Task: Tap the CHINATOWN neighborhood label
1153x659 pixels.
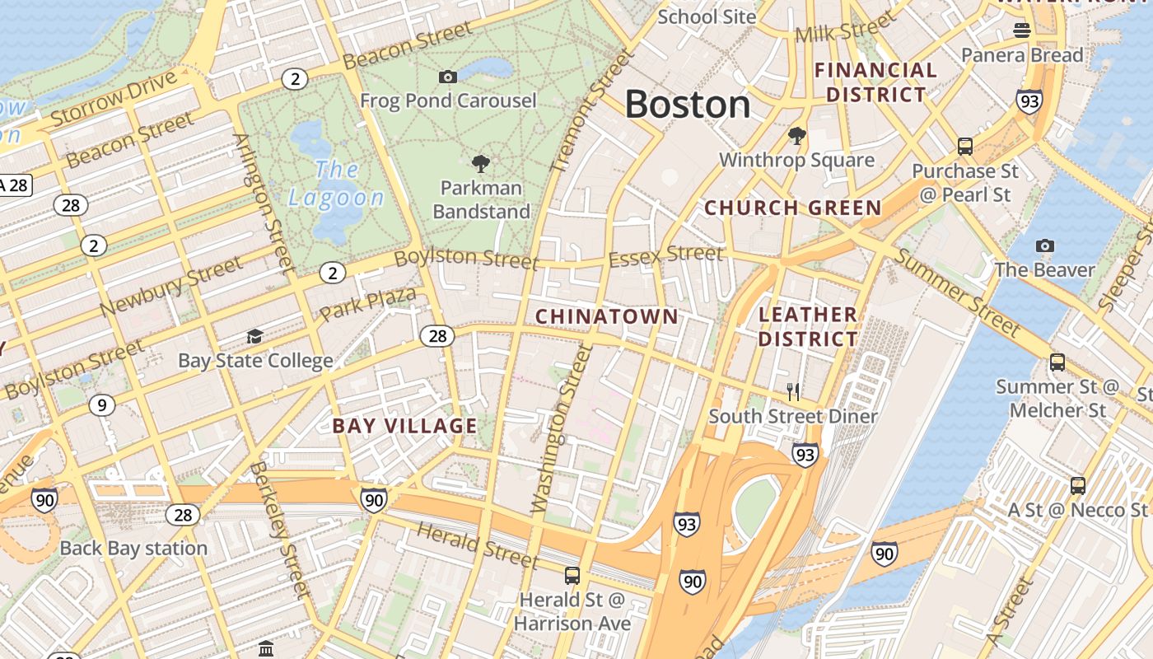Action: [x=607, y=316]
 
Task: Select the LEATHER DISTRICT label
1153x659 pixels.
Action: [x=808, y=326]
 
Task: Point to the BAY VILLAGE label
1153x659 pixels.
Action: [x=404, y=426]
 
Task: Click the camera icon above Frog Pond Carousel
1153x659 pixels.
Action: [x=448, y=77]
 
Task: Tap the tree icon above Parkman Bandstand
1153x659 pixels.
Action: [x=481, y=164]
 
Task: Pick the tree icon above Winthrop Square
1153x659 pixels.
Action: [x=796, y=135]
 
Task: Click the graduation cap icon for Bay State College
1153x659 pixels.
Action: [x=255, y=336]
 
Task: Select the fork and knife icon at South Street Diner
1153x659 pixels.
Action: [x=793, y=391]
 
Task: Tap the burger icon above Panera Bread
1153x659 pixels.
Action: [x=1022, y=30]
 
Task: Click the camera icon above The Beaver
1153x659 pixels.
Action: [x=1044, y=245]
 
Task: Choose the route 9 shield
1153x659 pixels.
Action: [x=101, y=404]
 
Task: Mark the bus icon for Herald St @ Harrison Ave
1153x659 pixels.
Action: [x=572, y=575]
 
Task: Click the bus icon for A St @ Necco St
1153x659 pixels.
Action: [x=1078, y=485]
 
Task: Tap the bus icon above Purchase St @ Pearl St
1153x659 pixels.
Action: [x=965, y=147]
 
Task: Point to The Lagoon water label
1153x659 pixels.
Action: [x=336, y=184]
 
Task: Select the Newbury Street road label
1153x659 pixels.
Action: [x=171, y=286]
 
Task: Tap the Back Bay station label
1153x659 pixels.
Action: [x=133, y=549]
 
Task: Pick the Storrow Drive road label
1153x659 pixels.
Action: [x=114, y=99]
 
